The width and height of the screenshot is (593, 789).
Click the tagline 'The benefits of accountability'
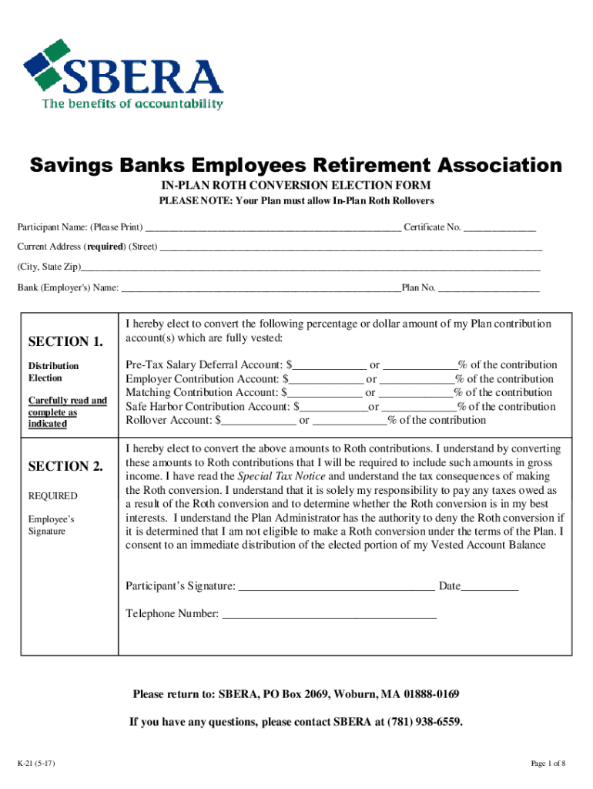(132, 104)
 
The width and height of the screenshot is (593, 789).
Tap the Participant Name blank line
(273, 228)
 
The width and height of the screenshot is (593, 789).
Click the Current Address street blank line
(350, 248)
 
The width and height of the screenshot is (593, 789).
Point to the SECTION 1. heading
(65, 341)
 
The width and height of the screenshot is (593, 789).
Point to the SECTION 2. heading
(65, 466)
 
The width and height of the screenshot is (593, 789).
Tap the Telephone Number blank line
(329, 616)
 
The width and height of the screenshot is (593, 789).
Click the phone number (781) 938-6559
(427, 723)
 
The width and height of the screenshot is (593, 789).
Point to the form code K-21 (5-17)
(35, 764)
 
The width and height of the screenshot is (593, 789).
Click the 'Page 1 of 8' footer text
(548, 764)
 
